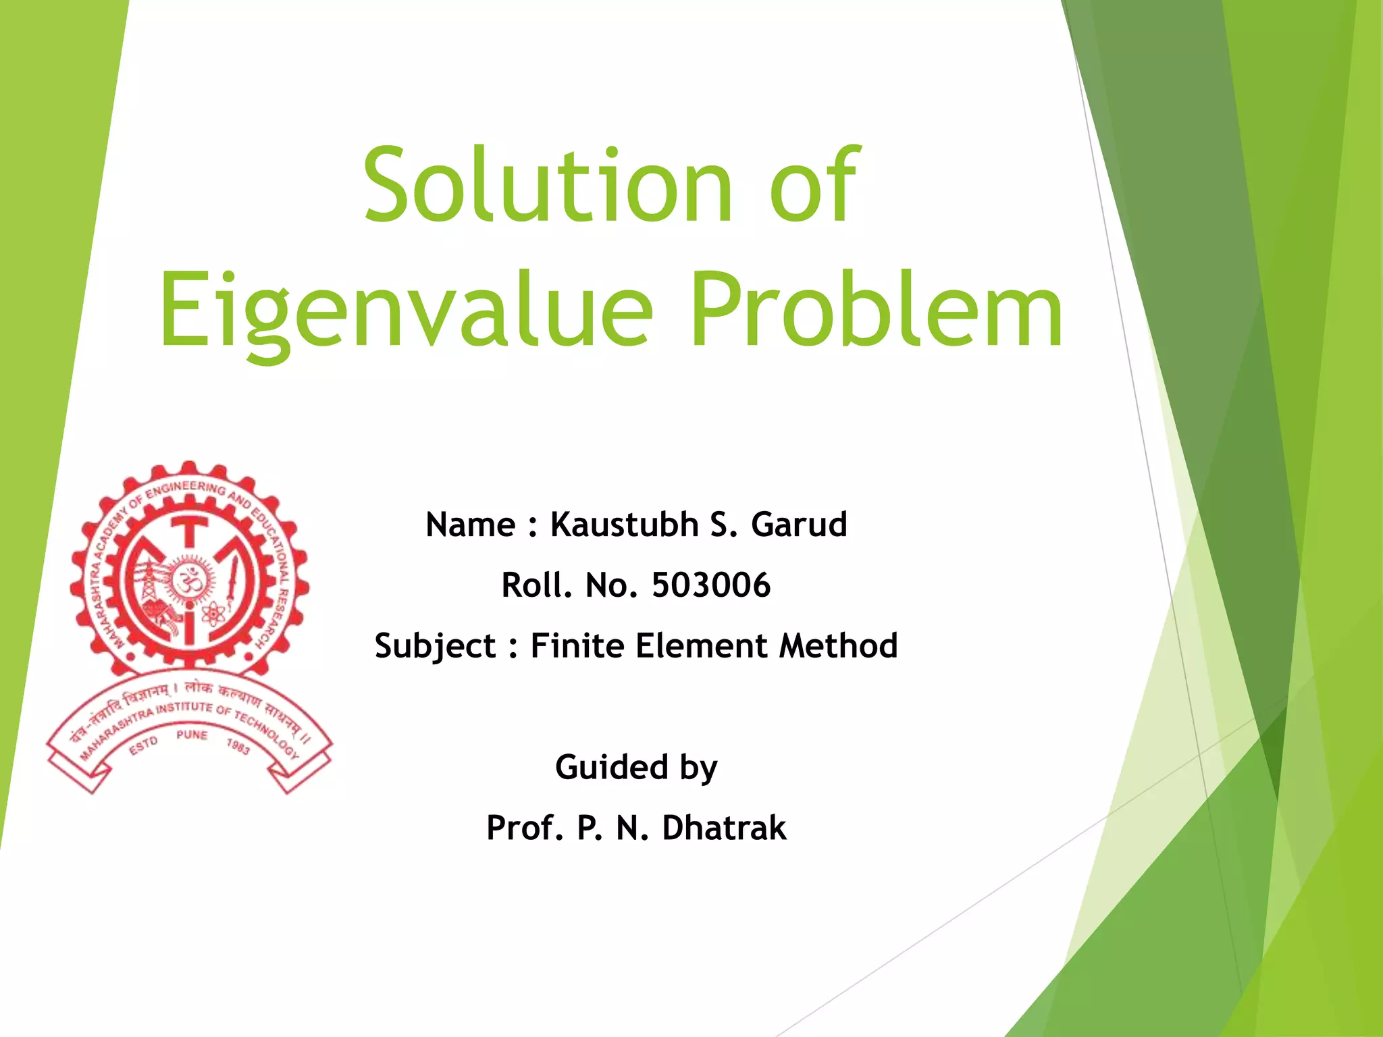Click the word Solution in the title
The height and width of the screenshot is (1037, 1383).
tap(547, 186)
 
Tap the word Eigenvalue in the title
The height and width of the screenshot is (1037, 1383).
tap(405, 311)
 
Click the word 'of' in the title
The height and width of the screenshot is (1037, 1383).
tap(814, 186)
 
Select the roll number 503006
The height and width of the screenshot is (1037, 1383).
tap(710, 585)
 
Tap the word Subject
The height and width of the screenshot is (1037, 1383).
tap(435, 646)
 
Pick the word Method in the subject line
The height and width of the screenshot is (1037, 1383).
tap(838, 646)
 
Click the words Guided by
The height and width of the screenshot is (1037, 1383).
tap(636, 768)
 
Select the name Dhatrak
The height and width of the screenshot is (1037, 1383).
tap(724, 828)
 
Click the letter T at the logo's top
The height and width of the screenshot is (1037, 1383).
tap(190, 530)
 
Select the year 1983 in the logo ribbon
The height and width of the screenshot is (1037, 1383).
tap(238, 747)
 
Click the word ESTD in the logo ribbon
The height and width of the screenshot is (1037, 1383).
tap(143, 746)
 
